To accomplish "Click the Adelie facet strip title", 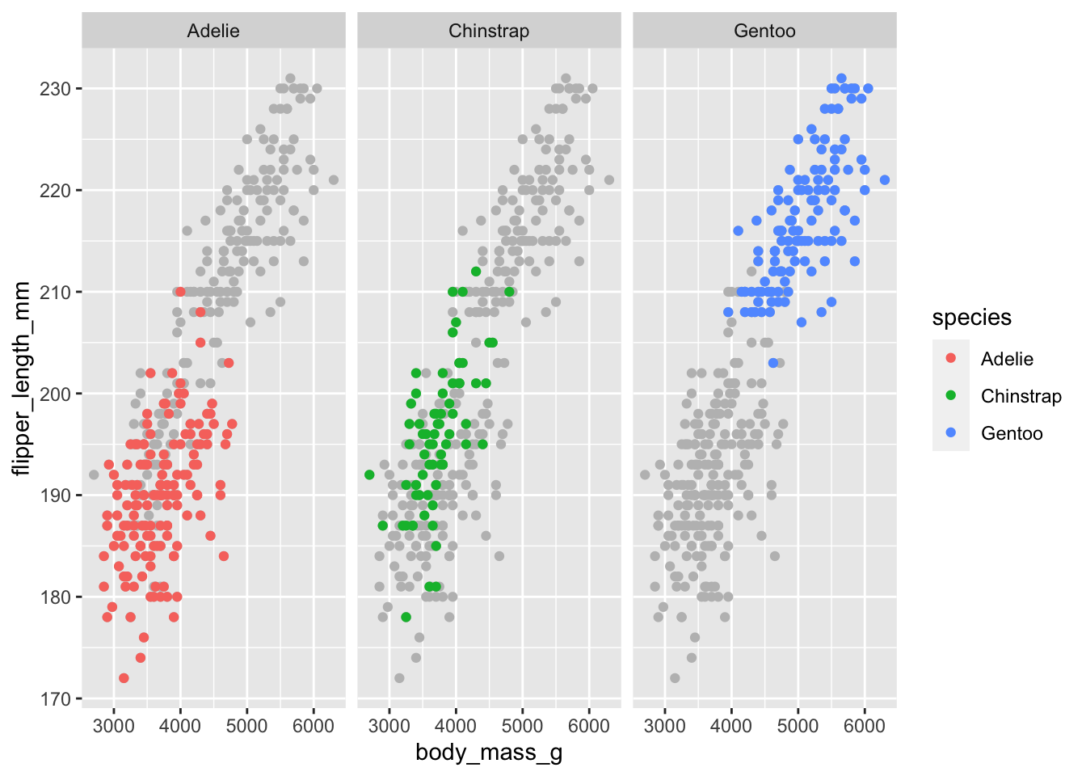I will pyautogui.click(x=213, y=32).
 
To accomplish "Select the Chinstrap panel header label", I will pyautogui.click(x=489, y=32).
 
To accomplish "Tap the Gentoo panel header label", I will pyautogui.click(x=764, y=32).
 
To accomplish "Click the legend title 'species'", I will pyautogui.click(x=971, y=318).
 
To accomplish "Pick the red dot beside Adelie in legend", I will pyautogui.click(x=950, y=359).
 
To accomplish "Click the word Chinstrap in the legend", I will pyautogui.click(x=1021, y=396).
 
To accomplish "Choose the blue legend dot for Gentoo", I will pyautogui.click(x=950, y=433).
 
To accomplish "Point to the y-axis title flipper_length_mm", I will pyautogui.click(x=22, y=378).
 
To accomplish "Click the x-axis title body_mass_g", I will pyautogui.click(x=489, y=753).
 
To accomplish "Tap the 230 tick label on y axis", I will pyautogui.click(x=55, y=89).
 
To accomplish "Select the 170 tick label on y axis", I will pyautogui.click(x=55, y=699).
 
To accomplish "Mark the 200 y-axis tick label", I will pyautogui.click(x=55, y=394).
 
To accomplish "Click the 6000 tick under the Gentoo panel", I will pyautogui.click(x=865, y=726).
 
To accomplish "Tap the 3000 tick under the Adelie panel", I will pyautogui.click(x=114, y=726).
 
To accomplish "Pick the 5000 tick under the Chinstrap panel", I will pyautogui.click(x=522, y=726).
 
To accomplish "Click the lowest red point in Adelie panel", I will pyautogui.click(x=124, y=678).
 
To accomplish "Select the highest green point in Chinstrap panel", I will pyautogui.click(x=476, y=272).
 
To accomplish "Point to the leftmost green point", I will pyautogui.click(x=369, y=474).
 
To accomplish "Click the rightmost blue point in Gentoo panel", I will pyautogui.click(x=885, y=180).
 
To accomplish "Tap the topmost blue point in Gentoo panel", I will pyautogui.click(x=841, y=78).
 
